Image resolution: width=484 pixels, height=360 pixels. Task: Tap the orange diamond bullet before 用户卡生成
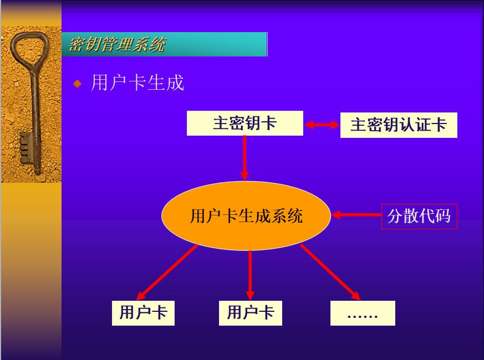point(78,84)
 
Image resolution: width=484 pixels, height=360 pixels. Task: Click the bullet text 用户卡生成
point(137,83)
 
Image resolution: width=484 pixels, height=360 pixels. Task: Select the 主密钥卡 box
point(244,123)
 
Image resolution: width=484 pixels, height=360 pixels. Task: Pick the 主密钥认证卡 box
point(398,125)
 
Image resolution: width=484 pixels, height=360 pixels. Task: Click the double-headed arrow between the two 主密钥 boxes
point(322,125)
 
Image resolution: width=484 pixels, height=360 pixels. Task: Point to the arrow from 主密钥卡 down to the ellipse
point(244,158)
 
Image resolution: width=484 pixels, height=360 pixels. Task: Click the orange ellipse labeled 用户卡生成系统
point(246,215)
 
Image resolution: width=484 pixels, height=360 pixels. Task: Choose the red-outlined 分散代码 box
point(419,215)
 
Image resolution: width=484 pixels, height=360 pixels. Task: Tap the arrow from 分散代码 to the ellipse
point(356,215)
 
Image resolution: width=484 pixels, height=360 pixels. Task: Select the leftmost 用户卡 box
point(143,313)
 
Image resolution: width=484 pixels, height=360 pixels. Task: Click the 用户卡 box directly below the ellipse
point(250,313)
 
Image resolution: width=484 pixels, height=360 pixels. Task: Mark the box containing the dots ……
point(363,313)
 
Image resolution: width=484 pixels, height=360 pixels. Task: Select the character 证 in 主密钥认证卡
point(422,125)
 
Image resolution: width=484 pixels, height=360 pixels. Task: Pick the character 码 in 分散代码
point(442,215)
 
